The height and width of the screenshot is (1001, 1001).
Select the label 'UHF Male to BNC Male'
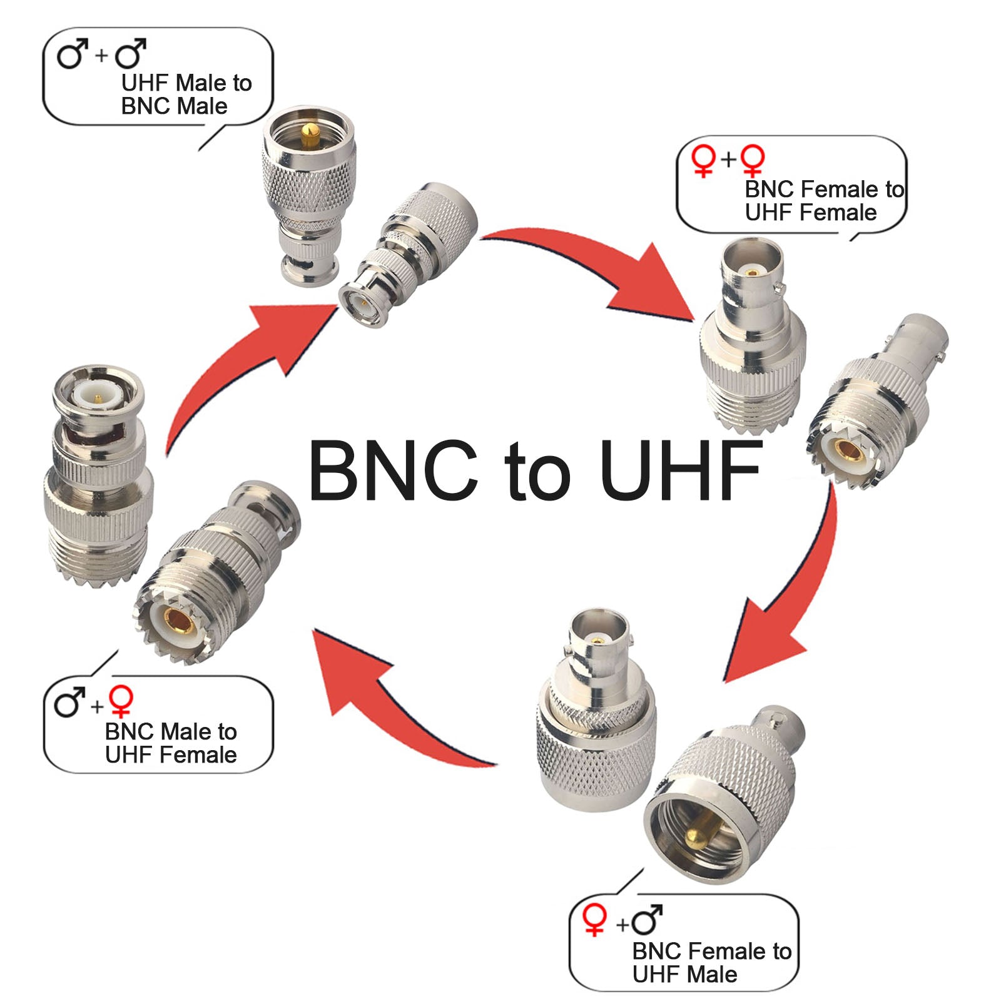186,94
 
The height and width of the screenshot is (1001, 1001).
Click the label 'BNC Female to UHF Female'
823,200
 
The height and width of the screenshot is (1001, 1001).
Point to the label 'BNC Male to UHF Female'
170,743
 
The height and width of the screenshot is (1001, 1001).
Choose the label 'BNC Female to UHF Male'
711,962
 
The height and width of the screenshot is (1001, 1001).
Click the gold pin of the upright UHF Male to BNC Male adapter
308,133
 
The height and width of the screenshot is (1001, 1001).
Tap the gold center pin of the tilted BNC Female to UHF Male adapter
696,837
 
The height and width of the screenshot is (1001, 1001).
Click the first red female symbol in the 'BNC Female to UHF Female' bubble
704,160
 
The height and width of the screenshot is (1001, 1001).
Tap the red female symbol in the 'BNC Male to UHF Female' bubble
121,701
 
